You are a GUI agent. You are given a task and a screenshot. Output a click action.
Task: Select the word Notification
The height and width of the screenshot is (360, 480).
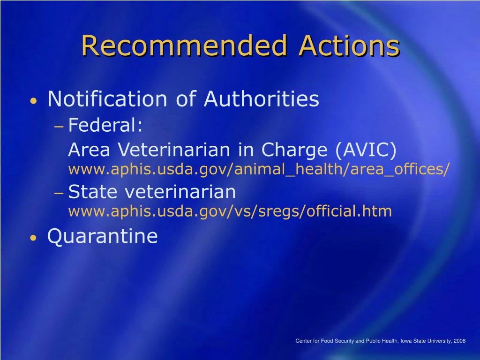click(107, 99)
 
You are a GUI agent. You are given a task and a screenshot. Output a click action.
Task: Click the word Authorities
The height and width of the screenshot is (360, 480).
click(262, 99)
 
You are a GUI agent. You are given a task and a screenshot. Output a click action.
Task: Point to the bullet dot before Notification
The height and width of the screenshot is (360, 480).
click(34, 101)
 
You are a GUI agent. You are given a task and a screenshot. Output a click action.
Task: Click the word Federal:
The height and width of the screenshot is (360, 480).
click(105, 125)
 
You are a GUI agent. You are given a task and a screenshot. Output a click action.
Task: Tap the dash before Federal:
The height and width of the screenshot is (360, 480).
click(59, 126)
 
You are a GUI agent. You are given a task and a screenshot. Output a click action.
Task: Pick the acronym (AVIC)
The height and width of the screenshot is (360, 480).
click(366, 150)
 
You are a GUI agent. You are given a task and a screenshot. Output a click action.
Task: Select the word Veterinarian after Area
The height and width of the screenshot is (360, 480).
click(173, 150)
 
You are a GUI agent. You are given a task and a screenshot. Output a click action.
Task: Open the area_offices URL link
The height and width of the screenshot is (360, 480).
click(259, 169)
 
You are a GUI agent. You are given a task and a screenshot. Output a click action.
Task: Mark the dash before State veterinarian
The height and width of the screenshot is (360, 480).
click(59, 193)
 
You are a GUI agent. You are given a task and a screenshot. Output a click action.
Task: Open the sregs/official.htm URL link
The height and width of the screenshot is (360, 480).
click(230, 211)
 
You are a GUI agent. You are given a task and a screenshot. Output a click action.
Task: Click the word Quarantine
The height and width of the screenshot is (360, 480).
click(103, 236)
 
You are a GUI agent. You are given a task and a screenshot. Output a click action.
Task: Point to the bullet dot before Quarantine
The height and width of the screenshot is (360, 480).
click(34, 238)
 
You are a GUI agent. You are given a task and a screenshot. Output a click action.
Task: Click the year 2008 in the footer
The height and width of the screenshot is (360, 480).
click(459, 341)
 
